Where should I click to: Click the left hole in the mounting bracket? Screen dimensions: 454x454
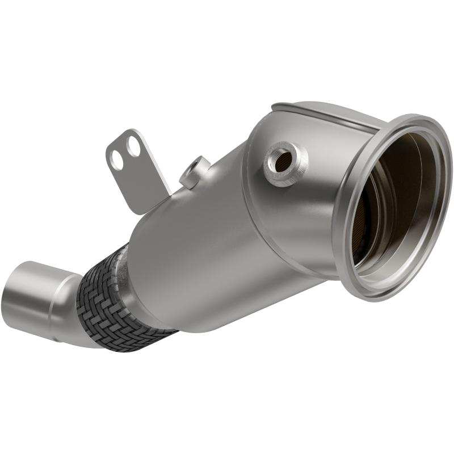point(117,159)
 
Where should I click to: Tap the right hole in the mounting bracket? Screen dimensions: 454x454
point(133,146)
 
